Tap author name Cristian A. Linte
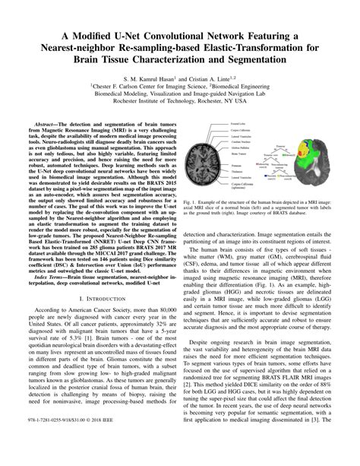[219, 79]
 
